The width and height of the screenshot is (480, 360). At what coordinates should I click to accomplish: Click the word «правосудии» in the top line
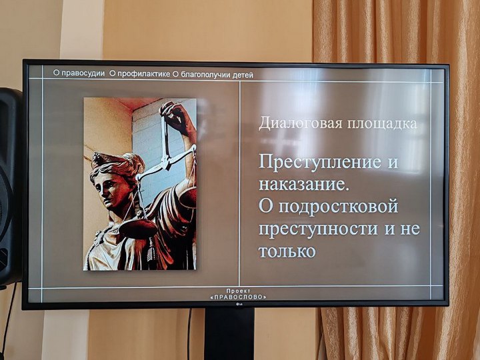point(83,73)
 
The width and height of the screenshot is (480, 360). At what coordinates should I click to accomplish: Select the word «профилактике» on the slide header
point(144,74)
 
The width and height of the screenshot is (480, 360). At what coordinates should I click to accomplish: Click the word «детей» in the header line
point(243,75)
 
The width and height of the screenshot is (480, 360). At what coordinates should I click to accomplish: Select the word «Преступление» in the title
point(320,162)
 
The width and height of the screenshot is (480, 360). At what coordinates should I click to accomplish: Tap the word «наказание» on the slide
point(303,184)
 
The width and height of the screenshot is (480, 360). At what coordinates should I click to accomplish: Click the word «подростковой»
point(338,207)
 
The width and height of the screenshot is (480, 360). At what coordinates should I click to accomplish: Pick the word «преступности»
point(319,229)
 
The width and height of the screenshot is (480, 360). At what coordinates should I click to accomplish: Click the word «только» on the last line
point(287,251)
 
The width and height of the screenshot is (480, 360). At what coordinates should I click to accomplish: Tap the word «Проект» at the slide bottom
point(239,291)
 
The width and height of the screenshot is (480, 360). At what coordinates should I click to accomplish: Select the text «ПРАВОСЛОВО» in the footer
point(239,297)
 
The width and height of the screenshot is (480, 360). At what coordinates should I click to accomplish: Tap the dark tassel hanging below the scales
point(151,251)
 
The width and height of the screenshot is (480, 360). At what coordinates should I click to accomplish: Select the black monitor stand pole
point(229,334)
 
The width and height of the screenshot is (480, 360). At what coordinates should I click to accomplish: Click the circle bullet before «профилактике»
point(113,73)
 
